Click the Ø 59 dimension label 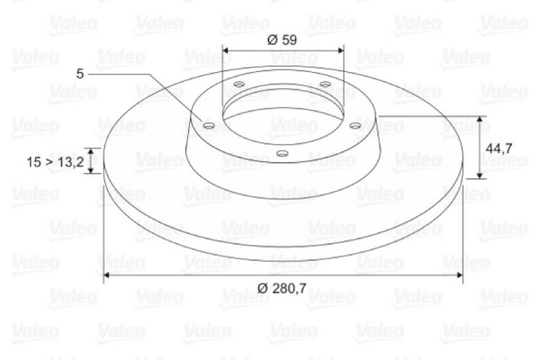(283, 39)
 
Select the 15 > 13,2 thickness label (55, 162)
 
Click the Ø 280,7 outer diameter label (283, 287)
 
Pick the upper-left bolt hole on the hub (238, 86)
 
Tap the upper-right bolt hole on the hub (325, 86)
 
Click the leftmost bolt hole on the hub (209, 125)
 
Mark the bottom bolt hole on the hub (282, 153)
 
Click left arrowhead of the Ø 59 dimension (225, 50)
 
